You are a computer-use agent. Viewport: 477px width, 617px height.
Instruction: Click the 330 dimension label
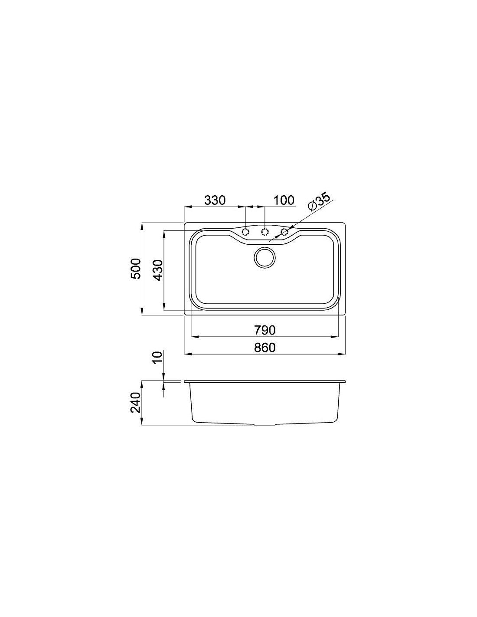tap(215, 200)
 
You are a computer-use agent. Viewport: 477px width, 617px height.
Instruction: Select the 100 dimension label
tap(284, 200)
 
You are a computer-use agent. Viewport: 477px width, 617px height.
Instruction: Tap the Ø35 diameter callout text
tap(319, 202)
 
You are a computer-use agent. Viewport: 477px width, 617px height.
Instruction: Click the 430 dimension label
tap(157, 270)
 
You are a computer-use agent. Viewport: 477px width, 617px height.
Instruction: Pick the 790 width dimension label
tap(265, 330)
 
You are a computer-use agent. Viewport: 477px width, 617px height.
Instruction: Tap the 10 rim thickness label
tap(157, 357)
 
